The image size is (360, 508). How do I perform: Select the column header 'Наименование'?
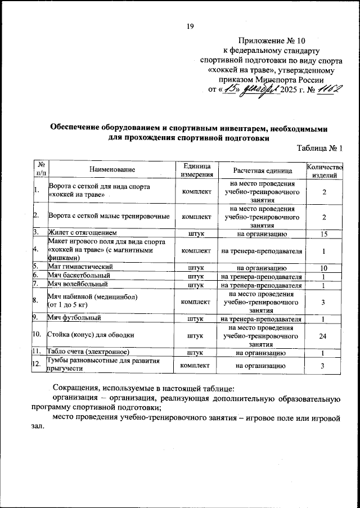tap(112, 170)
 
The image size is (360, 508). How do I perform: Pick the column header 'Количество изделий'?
tap(323, 170)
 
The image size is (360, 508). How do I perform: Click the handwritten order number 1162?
tap(327, 90)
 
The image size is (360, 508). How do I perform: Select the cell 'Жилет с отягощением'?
tap(83, 232)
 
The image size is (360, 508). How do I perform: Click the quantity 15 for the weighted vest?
tap(323, 232)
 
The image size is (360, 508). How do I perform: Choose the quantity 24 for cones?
tap(323, 336)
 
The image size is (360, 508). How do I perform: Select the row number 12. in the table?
tap(38, 366)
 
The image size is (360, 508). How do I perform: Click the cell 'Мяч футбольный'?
tap(74, 319)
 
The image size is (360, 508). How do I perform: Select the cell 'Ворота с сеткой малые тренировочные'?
tap(109, 216)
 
